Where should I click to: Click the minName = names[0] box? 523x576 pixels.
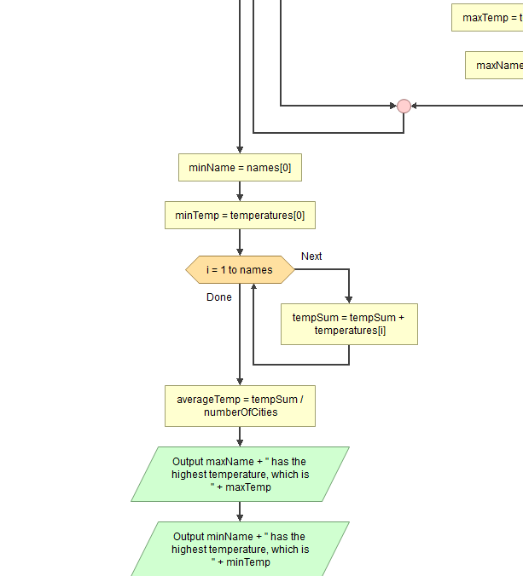pos(240,168)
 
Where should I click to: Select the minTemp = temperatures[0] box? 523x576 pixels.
pos(240,216)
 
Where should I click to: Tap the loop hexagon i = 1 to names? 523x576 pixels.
pos(240,270)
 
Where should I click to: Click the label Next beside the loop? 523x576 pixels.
pos(311,256)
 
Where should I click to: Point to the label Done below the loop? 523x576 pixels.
pos(218,297)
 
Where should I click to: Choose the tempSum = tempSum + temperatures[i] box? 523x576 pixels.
pos(349,324)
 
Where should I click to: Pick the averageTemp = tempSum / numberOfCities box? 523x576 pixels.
pos(240,406)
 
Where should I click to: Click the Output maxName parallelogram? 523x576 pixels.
pos(240,475)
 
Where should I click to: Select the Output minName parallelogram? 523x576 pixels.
pos(240,550)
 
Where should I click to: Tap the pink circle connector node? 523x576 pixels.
pos(404,106)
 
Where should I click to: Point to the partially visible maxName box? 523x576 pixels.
pos(495,66)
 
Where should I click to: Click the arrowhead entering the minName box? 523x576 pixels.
pos(240,150)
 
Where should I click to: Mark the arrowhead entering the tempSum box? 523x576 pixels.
pos(349,299)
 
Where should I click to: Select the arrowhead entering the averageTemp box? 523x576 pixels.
pos(240,381)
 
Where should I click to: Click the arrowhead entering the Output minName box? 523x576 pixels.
pos(240,517)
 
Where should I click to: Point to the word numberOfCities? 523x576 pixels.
pos(240,412)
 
